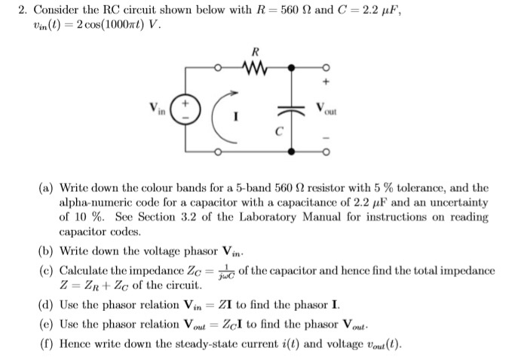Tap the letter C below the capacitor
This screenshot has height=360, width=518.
(277, 131)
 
